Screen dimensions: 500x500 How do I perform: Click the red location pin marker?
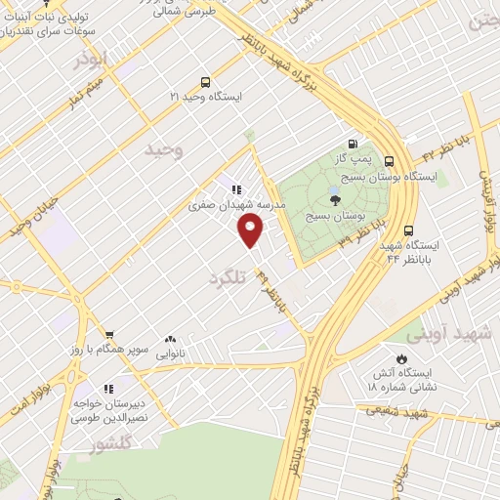[x=251, y=229]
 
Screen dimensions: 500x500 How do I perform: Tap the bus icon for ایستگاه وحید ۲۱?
[x=204, y=82]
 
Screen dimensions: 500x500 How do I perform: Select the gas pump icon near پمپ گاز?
[x=353, y=143]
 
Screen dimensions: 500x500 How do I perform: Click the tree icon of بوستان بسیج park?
[x=335, y=199]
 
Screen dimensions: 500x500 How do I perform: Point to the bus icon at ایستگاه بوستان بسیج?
[x=390, y=161]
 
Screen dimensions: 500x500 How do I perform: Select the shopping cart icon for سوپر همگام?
[x=109, y=333]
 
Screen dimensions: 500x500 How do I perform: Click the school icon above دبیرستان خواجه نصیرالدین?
[x=106, y=388]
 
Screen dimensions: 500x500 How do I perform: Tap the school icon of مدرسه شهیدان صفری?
[x=235, y=189]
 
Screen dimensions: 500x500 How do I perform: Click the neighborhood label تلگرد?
[x=230, y=277]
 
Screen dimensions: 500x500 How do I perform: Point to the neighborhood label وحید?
[x=163, y=149]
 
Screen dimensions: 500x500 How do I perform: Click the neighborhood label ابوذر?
[x=94, y=61]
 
